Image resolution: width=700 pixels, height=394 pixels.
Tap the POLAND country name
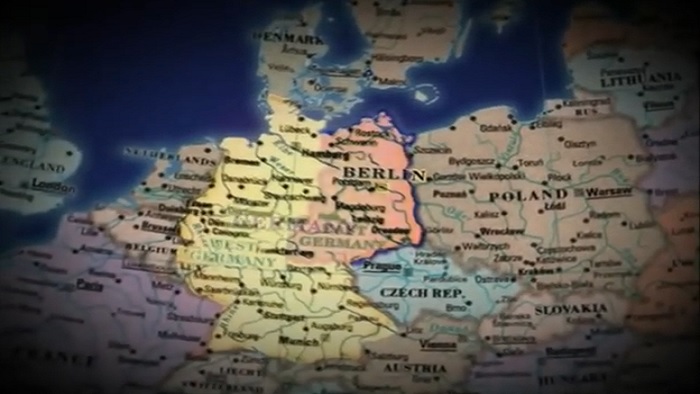click(527, 196)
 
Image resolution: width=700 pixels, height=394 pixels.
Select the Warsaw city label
click(608, 191)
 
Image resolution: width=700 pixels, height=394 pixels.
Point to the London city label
click(53, 185)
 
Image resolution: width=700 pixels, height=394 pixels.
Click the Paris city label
click(91, 283)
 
